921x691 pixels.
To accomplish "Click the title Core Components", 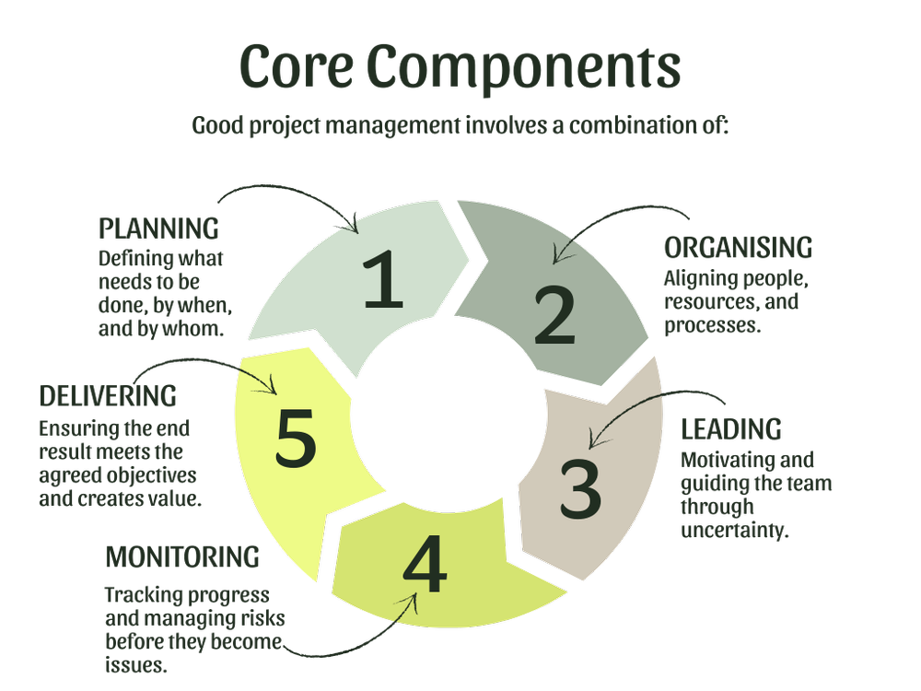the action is [460, 69].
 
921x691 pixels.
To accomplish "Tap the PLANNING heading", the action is [158, 228].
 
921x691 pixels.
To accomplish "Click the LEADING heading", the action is [731, 429].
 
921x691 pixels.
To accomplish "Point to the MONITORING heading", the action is [182, 556].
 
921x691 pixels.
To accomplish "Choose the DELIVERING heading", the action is [108, 396].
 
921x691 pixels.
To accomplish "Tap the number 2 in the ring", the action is [554, 315].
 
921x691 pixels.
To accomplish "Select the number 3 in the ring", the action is [580, 487].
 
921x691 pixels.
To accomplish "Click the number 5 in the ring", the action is [296, 438].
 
